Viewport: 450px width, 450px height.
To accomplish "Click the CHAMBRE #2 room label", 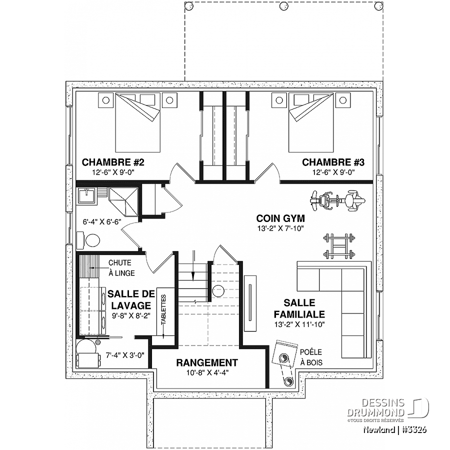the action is point(113,162).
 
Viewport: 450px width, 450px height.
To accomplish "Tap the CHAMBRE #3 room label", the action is point(333,162).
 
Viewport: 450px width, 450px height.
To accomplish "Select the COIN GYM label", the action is point(280,218).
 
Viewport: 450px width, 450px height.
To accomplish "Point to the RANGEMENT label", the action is point(207,362).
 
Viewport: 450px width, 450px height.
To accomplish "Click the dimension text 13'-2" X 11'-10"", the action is point(299,324).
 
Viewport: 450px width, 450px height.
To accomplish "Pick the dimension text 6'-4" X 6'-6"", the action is point(102,222).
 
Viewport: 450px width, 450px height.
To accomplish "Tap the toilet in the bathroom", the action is point(88,240).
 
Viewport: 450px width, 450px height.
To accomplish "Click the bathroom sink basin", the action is point(87,196).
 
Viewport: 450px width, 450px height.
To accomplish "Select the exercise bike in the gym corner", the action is point(337,200).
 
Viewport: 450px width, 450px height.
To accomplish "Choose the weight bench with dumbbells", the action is point(339,246).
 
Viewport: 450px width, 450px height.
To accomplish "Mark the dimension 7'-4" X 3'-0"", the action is point(125,355).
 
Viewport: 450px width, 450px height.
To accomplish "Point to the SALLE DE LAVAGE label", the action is point(131,299).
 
